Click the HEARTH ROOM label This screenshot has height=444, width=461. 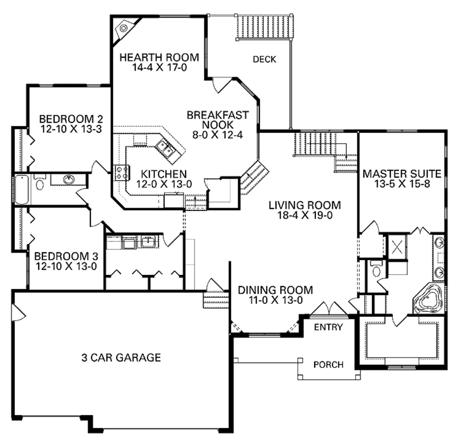[159, 58]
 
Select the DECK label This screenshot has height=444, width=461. [264, 59]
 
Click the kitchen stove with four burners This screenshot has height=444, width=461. [122, 172]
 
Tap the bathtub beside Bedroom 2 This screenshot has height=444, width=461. [21, 189]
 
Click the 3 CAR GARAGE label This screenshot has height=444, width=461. [121, 358]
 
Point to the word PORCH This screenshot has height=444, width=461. [328, 364]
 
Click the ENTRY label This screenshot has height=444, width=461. [328, 327]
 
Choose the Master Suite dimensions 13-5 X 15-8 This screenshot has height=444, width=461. [402, 184]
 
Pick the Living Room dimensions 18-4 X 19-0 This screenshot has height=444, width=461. [304, 215]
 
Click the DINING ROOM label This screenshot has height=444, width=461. [275, 290]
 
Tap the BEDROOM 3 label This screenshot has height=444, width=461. [64, 256]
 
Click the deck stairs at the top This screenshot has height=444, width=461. [266, 28]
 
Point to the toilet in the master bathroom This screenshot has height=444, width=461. [377, 270]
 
